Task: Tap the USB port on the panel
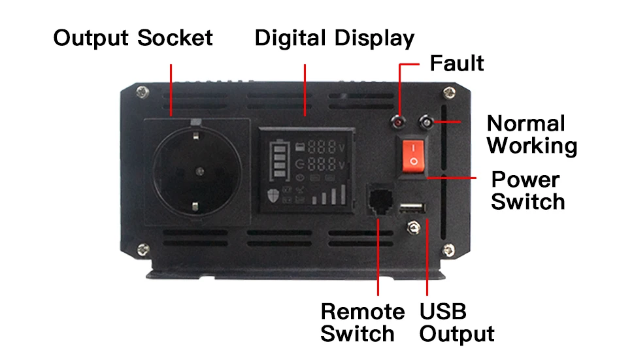click(412, 208)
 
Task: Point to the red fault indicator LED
click(397, 122)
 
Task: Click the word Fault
click(457, 63)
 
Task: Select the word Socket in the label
click(175, 38)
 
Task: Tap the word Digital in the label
click(291, 38)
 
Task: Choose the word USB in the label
click(442, 311)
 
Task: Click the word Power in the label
click(526, 179)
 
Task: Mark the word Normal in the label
click(526, 123)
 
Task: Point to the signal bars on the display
click(330, 195)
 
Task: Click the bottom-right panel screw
click(448, 248)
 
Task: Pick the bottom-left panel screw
click(142, 248)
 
